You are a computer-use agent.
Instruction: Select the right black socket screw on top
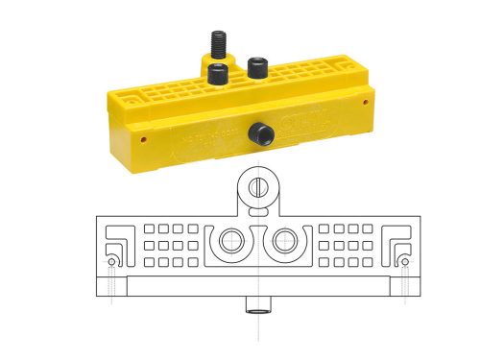(256, 67)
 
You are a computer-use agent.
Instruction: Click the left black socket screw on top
(220, 75)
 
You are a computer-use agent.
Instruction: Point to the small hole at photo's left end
(144, 136)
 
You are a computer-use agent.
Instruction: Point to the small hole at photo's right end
(367, 98)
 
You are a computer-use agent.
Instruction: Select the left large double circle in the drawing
(230, 242)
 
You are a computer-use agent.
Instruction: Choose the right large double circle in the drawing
(284, 242)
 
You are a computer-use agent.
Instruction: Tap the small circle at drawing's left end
(111, 261)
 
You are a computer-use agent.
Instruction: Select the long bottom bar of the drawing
(257, 286)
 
